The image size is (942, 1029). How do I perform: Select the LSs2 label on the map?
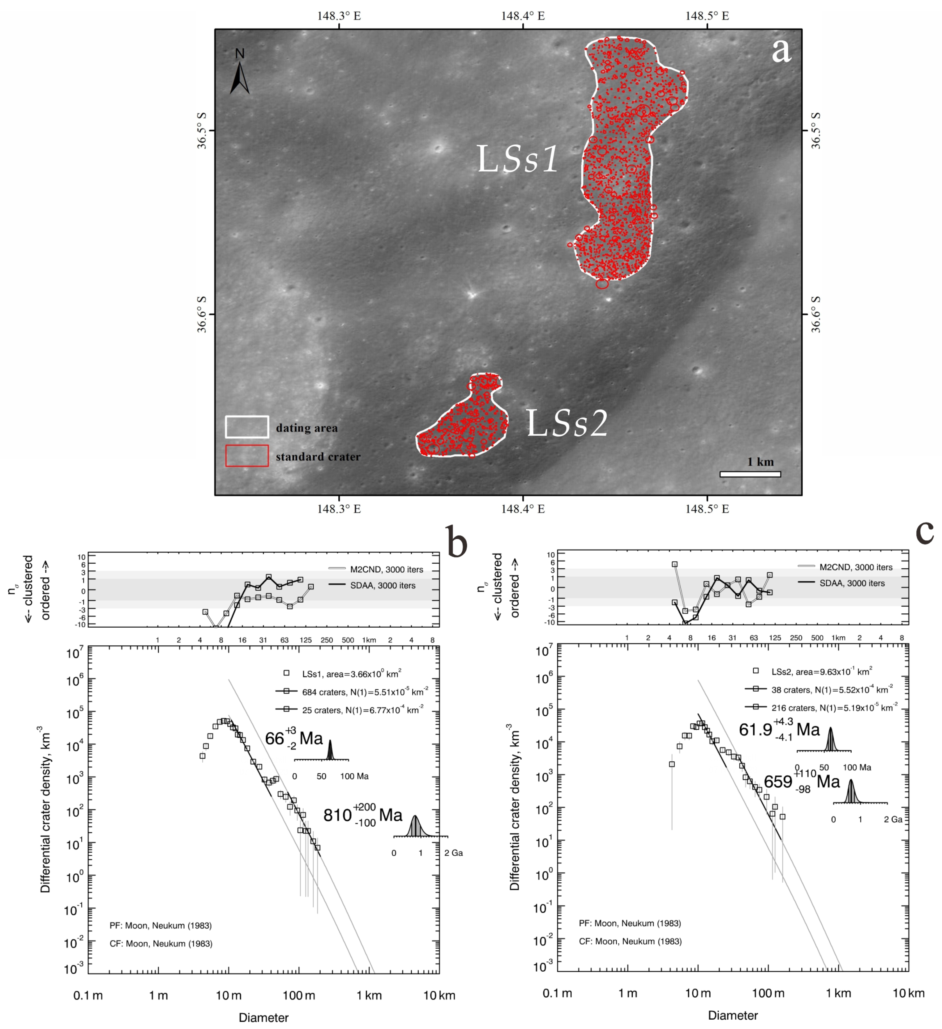pos(567,423)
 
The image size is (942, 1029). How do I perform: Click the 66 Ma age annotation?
pos(294,739)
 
